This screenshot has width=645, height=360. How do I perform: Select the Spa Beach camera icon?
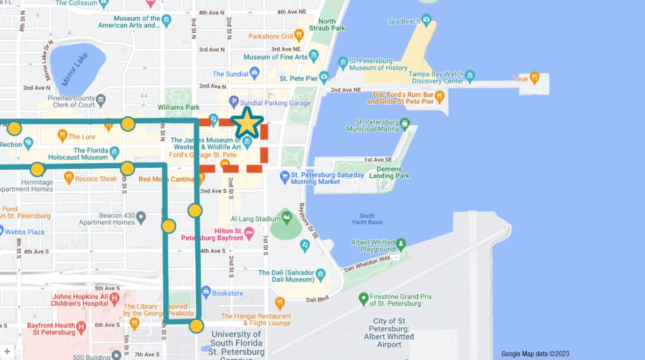coord(426,21)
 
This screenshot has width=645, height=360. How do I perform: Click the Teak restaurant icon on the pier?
coord(534,78)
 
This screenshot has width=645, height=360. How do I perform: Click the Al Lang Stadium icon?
coord(287,218)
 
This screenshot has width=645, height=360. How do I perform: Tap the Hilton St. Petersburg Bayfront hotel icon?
coord(249,233)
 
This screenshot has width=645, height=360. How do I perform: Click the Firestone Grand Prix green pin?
coord(363,297)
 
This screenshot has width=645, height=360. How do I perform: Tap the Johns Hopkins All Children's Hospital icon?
coord(114,297)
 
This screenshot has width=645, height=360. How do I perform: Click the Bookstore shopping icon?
coord(205,293)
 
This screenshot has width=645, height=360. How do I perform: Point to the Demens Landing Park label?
coord(389,172)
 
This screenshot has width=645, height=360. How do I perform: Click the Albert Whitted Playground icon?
coord(400,245)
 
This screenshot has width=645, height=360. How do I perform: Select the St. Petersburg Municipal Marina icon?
coord(405,123)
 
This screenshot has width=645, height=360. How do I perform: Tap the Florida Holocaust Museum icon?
coord(114,154)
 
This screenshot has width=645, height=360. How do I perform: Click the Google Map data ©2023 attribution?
coord(535,354)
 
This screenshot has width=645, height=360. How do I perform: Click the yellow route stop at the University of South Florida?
coord(196,326)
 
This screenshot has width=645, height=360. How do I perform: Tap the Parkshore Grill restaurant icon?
coord(299,36)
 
